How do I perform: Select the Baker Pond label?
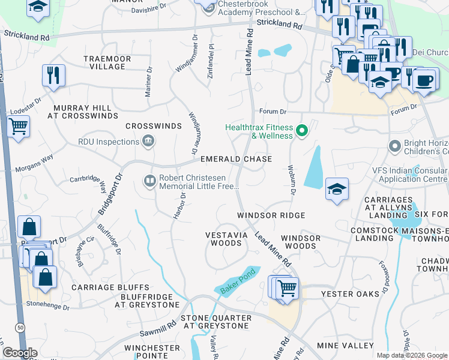click(x=237, y=281)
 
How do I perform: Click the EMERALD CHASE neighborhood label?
click(x=236, y=159)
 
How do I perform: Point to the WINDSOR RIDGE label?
click(x=271, y=215)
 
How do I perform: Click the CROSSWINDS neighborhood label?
click(x=153, y=126)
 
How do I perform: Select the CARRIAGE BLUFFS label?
click(x=110, y=287)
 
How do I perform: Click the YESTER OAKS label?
click(x=351, y=293)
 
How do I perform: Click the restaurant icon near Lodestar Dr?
click(x=53, y=75)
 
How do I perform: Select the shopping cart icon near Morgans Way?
click(x=19, y=127)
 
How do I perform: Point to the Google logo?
click(x=19, y=353)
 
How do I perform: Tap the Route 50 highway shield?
click(x=21, y=327)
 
